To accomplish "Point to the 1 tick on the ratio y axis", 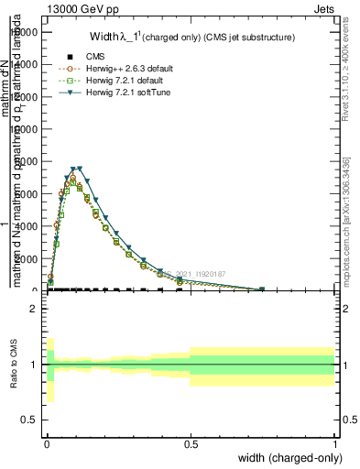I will point(32,365).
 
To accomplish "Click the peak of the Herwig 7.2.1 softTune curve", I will point(79,169).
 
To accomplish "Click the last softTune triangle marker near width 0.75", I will point(262,289).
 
